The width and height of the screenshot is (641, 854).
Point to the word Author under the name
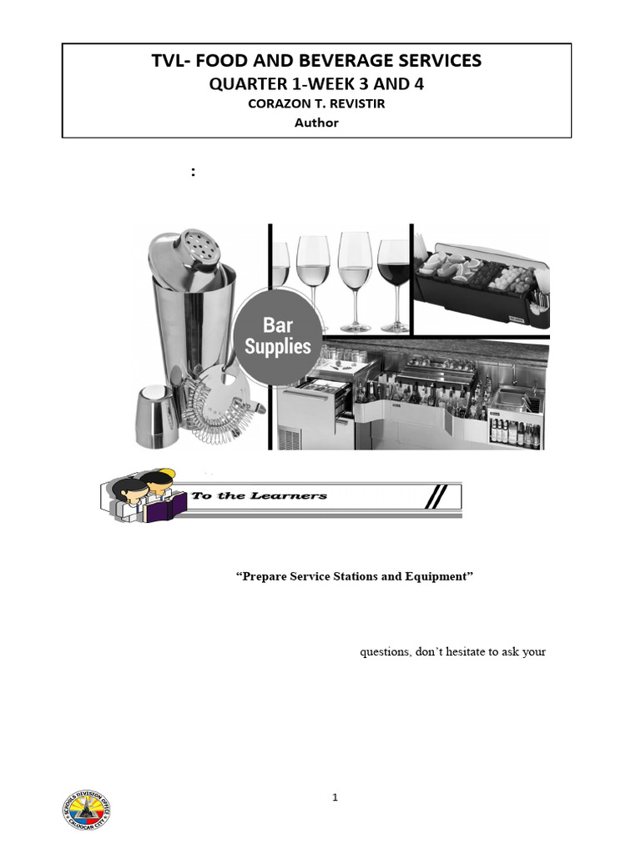pos(316,123)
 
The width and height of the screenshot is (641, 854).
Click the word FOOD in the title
pos(230,61)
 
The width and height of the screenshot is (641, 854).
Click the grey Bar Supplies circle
pos(277,336)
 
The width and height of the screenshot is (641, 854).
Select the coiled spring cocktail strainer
pos(219,400)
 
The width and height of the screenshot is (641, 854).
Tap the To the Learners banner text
pos(259,496)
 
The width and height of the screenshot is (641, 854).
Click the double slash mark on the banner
pos(434,497)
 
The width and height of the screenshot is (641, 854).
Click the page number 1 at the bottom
pos(335,797)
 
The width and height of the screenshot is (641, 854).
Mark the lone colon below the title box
pos(194,172)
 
